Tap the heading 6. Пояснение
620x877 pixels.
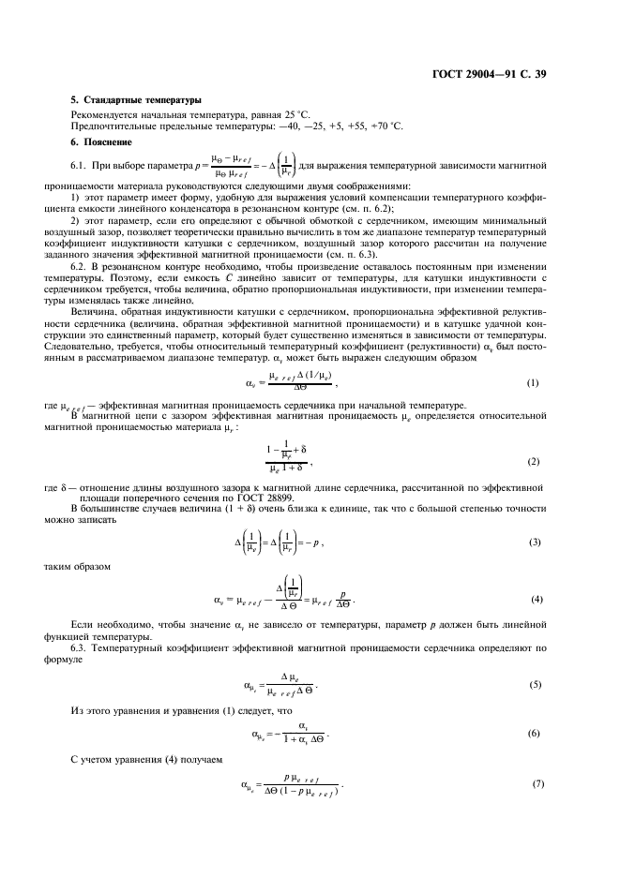pos(101,141)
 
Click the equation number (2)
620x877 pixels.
pos(533,462)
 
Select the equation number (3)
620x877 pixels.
pos(533,543)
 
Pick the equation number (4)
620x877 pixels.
pos(533,599)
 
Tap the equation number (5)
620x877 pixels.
pos(533,685)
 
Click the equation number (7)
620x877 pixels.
pos(533,783)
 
